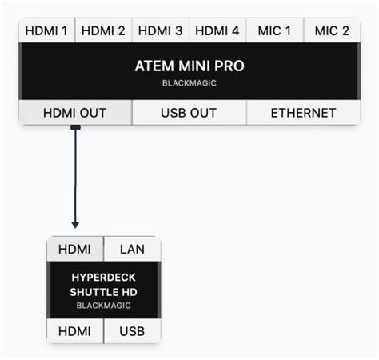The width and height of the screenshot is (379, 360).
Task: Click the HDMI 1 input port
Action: click(x=46, y=31)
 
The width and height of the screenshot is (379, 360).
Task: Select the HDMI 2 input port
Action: click(x=103, y=31)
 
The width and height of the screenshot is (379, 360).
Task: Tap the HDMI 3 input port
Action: click(x=161, y=31)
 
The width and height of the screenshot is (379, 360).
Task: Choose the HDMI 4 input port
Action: click(x=217, y=31)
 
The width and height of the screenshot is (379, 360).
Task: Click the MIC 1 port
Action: click(x=275, y=31)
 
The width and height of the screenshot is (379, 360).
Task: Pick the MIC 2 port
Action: click(x=332, y=31)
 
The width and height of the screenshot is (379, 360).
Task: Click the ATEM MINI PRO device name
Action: click(x=189, y=66)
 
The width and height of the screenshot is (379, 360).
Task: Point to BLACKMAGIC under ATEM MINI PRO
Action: click(x=189, y=82)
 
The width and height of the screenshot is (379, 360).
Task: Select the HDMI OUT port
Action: click(x=74, y=113)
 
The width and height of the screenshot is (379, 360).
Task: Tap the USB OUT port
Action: click(x=189, y=113)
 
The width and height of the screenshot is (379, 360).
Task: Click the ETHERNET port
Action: click(x=303, y=113)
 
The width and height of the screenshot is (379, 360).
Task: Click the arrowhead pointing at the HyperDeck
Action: click(x=75, y=226)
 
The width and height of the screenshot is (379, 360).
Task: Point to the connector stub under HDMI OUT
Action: click(x=75, y=126)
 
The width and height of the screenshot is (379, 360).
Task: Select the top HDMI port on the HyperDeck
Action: click(x=75, y=249)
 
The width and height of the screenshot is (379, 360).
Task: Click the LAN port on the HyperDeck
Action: click(x=132, y=249)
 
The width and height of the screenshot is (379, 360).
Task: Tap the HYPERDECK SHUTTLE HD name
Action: click(x=104, y=284)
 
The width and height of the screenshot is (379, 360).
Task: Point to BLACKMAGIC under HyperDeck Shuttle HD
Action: click(x=104, y=306)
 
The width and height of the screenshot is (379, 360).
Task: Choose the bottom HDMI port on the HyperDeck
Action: click(x=75, y=330)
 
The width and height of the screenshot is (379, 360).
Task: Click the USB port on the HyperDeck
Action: click(x=132, y=330)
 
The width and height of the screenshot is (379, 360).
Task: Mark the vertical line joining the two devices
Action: click(x=75, y=176)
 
